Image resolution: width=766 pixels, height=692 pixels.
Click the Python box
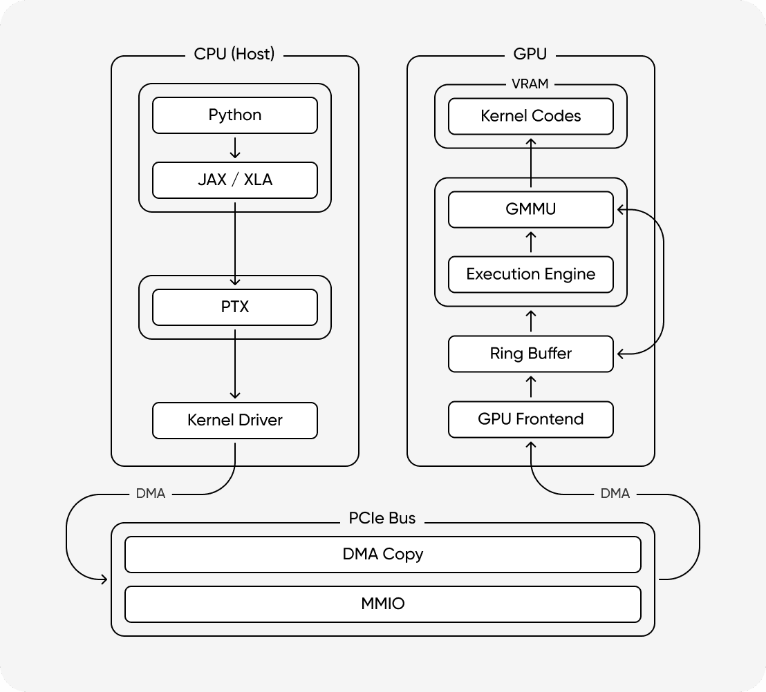click(x=235, y=115)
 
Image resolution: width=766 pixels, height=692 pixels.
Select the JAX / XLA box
click(x=235, y=180)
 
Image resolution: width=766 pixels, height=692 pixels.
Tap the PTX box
click(x=235, y=307)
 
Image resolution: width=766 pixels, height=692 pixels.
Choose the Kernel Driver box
click(x=235, y=420)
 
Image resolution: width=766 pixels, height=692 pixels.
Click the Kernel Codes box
click(x=530, y=116)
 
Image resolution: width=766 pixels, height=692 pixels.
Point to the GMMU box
click(x=530, y=209)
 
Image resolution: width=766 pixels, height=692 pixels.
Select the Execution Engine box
click(x=530, y=274)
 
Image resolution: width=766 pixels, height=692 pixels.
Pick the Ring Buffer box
click(x=530, y=354)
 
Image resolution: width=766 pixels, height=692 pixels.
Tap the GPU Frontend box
click(x=530, y=419)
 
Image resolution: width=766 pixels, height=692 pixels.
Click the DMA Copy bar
click(x=382, y=555)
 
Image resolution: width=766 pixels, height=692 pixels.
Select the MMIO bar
click(x=382, y=604)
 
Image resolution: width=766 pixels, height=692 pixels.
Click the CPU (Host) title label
click(x=234, y=55)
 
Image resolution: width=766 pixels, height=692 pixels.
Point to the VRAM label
click(x=530, y=84)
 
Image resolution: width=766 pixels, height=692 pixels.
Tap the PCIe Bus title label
click(x=382, y=519)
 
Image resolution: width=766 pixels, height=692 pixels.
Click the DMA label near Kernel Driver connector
click(x=151, y=494)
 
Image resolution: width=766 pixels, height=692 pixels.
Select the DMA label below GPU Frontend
click(x=615, y=494)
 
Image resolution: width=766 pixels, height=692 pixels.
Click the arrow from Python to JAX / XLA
click(x=235, y=148)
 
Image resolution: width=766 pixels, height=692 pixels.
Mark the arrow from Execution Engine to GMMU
click(x=530, y=242)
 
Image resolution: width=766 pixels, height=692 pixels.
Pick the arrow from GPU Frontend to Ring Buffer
click(x=530, y=387)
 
